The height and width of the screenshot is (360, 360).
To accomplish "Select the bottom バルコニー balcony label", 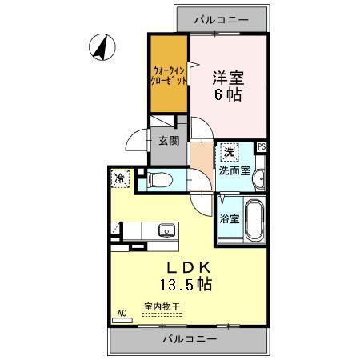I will tap(190, 340).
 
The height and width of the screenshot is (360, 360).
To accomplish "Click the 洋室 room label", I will tap(228, 78).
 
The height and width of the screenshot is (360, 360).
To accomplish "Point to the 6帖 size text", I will tap(228, 96).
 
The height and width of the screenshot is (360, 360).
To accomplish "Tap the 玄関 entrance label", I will tap(168, 141).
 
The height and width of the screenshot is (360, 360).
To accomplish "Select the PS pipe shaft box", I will tap(261, 146).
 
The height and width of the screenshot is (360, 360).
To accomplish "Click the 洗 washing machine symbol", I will tap(230, 152).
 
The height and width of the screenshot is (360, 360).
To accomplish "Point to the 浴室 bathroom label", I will tap(228, 218).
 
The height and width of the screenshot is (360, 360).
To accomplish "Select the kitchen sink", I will tap(168, 231).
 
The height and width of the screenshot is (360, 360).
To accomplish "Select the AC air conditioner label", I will tap(122, 313).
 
